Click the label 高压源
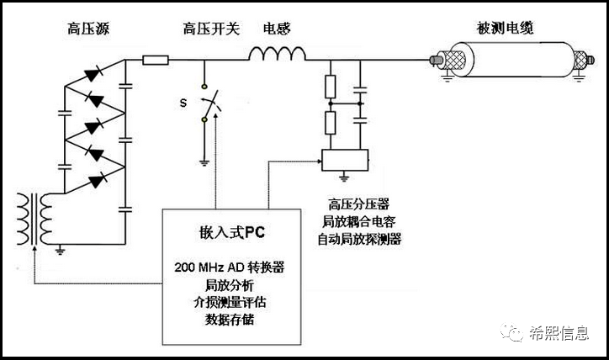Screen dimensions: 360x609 point(88,29)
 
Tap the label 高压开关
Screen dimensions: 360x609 point(211,29)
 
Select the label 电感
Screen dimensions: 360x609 point(277,29)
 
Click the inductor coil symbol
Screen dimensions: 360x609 point(276,56)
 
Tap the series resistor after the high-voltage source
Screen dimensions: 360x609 point(156,60)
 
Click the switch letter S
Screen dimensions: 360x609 point(183,103)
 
